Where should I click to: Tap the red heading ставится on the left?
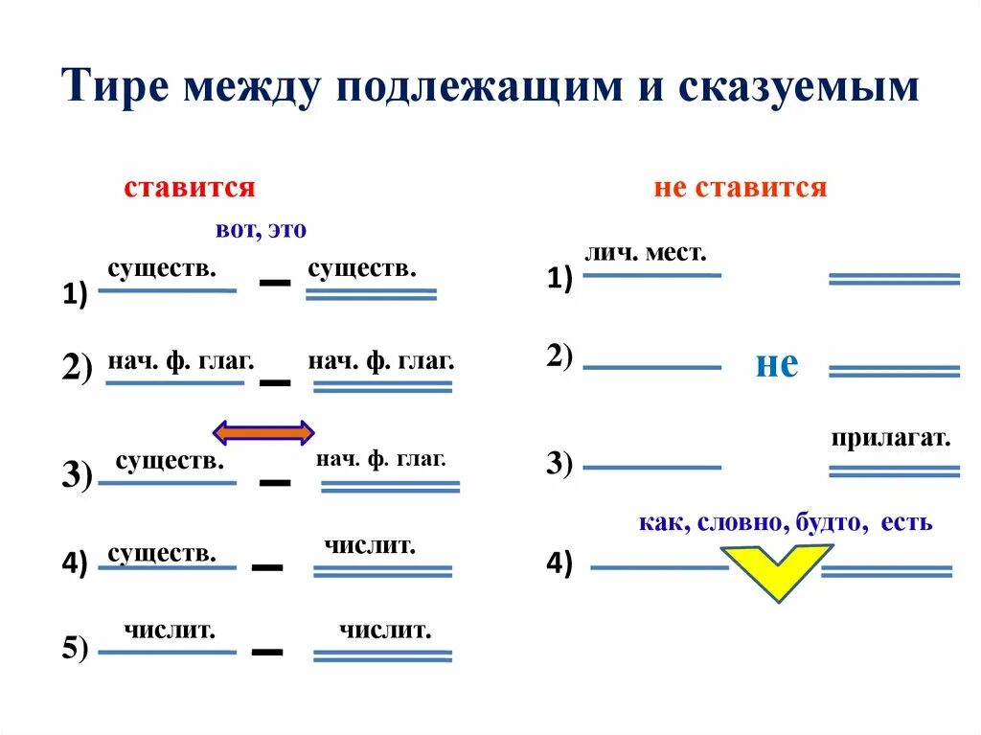[x=189, y=187]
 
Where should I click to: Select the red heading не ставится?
[x=740, y=187]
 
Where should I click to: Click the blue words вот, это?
[x=261, y=230]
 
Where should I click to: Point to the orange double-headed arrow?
[x=262, y=433]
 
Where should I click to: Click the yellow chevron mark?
[x=776, y=571]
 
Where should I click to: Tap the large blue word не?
[x=776, y=364]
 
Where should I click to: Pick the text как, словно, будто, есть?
[x=785, y=523]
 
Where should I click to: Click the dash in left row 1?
[x=275, y=284]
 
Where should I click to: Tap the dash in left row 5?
[x=267, y=652]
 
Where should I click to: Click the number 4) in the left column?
[x=75, y=563]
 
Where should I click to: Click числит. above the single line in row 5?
[x=169, y=630]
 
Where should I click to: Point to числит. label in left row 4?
[x=369, y=545]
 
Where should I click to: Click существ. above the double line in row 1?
[x=362, y=268]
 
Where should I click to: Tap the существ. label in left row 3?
[x=170, y=461]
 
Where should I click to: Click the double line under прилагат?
[x=894, y=471]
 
